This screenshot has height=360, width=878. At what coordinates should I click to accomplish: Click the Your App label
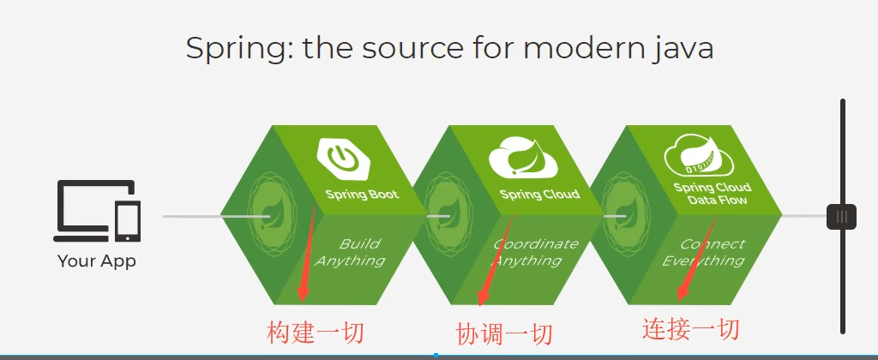(96, 261)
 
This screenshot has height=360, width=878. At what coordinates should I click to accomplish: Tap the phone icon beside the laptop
(128, 222)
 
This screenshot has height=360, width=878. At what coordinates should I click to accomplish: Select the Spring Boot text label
(362, 195)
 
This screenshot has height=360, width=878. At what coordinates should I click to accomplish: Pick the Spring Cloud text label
(539, 195)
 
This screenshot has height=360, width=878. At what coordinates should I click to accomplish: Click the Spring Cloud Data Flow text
(712, 194)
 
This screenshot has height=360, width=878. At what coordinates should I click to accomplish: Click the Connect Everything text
(705, 252)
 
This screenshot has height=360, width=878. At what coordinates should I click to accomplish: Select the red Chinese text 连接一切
(691, 328)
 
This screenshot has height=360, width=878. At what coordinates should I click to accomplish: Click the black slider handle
(842, 217)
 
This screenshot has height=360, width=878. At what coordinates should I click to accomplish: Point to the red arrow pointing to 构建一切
(307, 253)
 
